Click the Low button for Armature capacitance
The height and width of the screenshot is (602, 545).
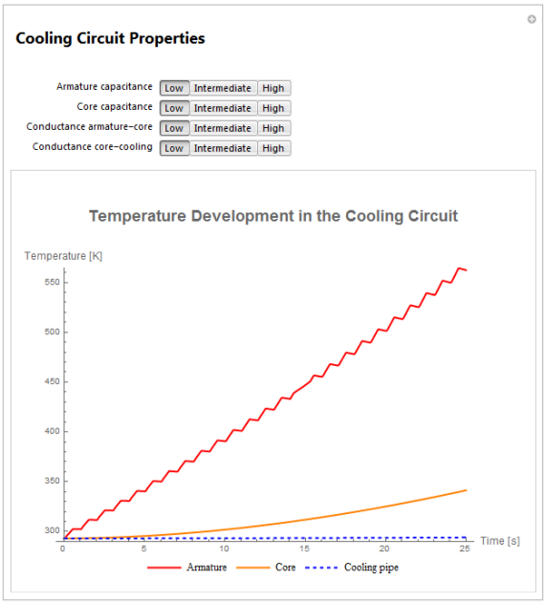[x=174, y=88]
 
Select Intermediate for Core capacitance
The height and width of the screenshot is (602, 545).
[x=223, y=108]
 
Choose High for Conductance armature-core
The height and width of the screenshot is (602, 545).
[x=273, y=128]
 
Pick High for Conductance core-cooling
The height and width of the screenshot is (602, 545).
[x=273, y=148]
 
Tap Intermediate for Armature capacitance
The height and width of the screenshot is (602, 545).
[x=223, y=88]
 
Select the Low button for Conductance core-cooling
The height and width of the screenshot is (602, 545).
[x=174, y=148]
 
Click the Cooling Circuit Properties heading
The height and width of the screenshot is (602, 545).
[x=110, y=38]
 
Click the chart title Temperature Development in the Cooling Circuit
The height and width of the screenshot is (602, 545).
[x=273, y=216]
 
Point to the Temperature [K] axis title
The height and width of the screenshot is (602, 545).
[x=63, y=256]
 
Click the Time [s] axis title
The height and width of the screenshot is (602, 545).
[x=500, y=541]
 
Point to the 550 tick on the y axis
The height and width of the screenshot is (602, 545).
[x=52, y=282]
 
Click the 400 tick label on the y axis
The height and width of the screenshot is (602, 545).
[x=52, y=431]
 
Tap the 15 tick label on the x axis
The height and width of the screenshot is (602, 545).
[x=304, y=548]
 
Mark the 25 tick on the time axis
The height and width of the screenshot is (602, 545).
[x=465, y=548]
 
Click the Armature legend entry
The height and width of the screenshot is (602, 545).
[x=187, y=567]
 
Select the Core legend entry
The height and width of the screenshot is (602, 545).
[x=266, y=567]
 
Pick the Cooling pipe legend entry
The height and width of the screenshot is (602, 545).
[x=352, y=568]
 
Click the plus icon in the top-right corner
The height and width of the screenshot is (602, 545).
[x=532, y=19]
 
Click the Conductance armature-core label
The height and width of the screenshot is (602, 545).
[x=89, y=127]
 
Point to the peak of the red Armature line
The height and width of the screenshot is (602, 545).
[x=459, y=268]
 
